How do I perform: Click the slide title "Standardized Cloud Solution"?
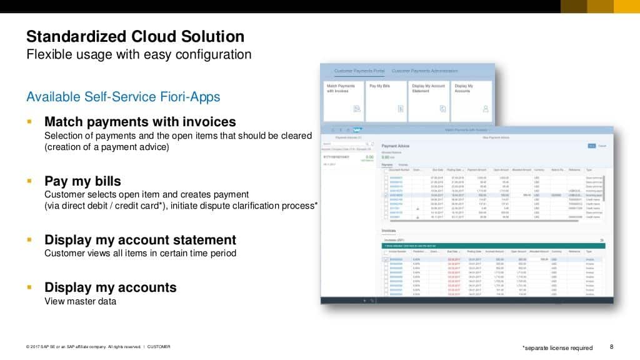[x=135, y=36]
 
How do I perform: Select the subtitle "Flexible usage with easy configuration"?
[x=139, y=54]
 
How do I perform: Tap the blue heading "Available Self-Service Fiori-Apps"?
[x=123, y=97]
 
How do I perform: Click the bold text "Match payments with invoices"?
[x=140, y=121]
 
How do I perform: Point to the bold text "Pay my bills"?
[x=82, y=181]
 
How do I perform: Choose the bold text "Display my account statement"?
[x=140, y=240]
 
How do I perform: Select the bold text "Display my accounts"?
[x=110, y=287]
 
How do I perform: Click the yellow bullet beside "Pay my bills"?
[x=29, y=181]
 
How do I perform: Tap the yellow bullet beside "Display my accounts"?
[x=29, y=287]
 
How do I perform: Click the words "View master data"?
[x=80, y=301]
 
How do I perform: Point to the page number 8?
[x=611, y=347]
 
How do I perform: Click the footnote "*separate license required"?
[x=557, y=347]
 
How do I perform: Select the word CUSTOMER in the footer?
[x=159, y=347]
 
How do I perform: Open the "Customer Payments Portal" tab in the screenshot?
[x=359, y=71]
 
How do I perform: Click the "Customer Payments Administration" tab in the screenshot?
[x=424, y=71]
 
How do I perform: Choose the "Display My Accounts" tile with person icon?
[x=471, y=100]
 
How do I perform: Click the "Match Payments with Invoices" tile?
[x=344, y=100]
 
